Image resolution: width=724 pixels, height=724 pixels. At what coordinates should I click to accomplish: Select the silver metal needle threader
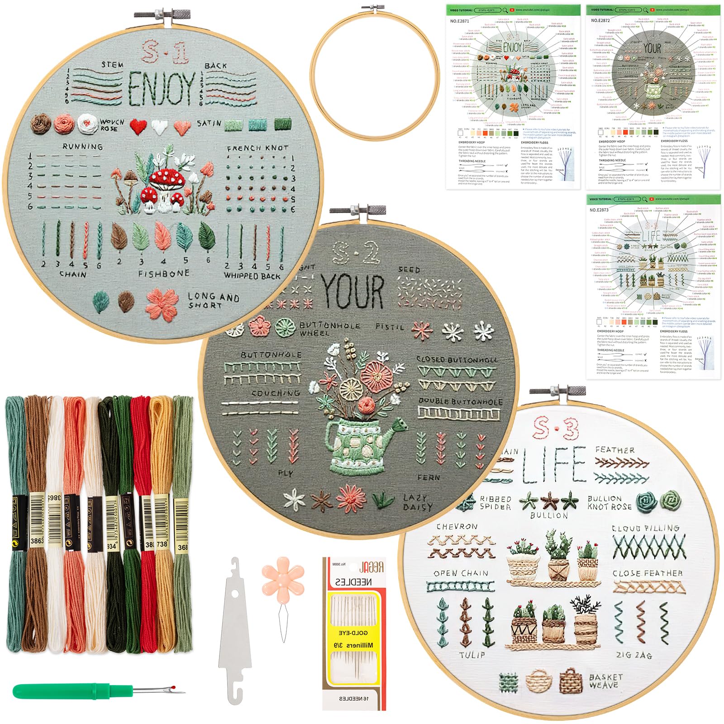pos(235,633)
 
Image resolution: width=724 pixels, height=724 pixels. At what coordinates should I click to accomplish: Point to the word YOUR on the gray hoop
pos(353,291)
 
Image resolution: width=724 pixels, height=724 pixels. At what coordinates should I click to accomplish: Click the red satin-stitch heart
pos(138,126)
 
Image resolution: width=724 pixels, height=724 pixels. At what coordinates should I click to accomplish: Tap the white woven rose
pos(87,123)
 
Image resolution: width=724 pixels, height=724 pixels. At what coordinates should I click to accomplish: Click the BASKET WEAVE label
pos(605,681)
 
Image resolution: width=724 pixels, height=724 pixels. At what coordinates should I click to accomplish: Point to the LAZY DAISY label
pos(418,502)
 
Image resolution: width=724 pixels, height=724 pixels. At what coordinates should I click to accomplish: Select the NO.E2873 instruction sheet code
pos(599,210)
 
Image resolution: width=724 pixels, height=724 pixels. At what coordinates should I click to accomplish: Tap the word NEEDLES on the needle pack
pos(353,582)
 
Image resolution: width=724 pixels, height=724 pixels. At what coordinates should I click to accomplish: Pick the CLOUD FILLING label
pos(645,528)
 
